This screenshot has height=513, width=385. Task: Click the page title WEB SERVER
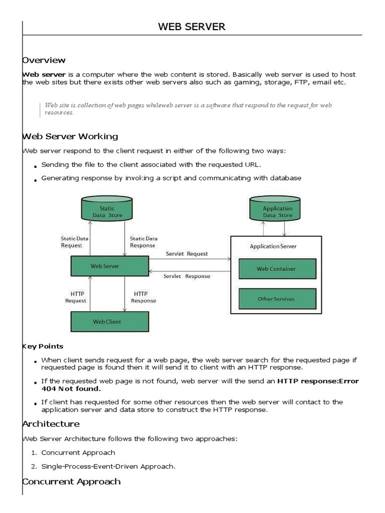point(192,27)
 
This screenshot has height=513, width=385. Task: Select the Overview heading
point(44,60)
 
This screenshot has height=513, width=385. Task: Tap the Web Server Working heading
point(71,136)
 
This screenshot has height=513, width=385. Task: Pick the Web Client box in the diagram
point(110,322)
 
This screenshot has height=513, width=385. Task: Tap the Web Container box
point(277,269)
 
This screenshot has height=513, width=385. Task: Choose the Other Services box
point(277,299)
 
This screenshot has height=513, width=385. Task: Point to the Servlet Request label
point(187,254)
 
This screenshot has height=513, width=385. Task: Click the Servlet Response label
point(187,276)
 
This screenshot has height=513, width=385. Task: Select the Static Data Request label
point(75,242)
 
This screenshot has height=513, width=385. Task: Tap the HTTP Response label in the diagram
point(143,297)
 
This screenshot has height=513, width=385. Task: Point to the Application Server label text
point(273,246)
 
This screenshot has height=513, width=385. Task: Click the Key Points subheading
point(44,346)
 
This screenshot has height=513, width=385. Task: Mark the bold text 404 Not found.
point(71,388)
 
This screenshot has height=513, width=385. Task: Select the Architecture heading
point(51,424)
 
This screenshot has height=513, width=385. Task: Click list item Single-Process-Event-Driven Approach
point(108,466)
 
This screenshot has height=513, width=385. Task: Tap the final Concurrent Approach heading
point(72,481)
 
